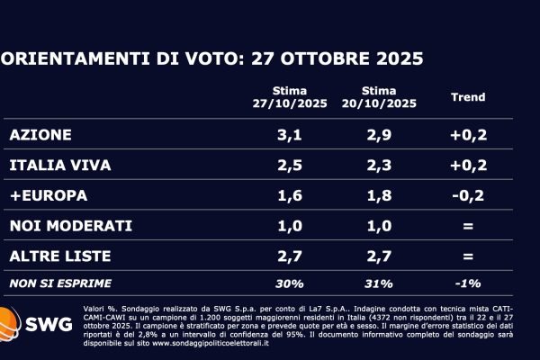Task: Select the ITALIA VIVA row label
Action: pyautogui.click(x=56, y=166)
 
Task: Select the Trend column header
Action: pyautogui.click(x=467, y=97)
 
